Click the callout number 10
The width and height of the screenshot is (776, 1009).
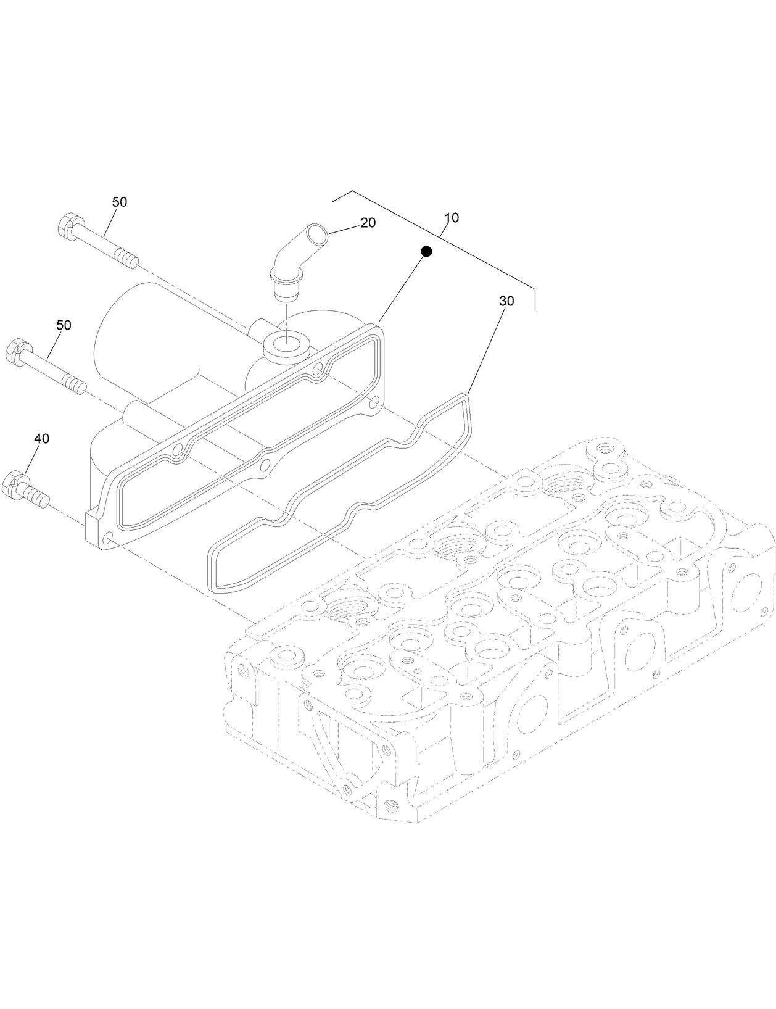[452, 218]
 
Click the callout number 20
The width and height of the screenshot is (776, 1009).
[368, 223]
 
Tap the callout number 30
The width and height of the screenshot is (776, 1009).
[506, 301]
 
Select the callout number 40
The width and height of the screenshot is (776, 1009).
[41, 439]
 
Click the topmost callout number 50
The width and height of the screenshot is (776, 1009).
[120, 202]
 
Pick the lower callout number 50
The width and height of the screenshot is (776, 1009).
[64, 325]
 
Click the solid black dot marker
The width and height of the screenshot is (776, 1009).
[425, 251]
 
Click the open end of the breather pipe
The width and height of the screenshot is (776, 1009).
[318, 235]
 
